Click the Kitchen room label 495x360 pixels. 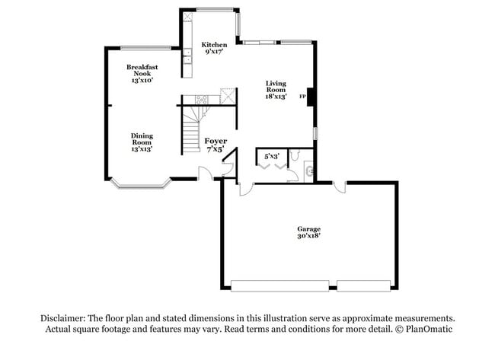(214, 45)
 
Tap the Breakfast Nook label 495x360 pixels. (142, 70)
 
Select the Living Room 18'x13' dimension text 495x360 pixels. (276, 97)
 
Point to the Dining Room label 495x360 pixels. (142, 139)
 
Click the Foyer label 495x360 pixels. (216, 141)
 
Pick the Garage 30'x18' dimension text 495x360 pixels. (308, 236)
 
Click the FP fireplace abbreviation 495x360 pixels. (302, 97)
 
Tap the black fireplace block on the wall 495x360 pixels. (310, 97)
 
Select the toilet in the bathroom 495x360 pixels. (295, 155)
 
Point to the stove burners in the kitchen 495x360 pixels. (201, 100)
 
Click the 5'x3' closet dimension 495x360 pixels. (272, 156)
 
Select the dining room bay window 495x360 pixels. (142, 184)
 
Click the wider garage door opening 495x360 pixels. (280, 286)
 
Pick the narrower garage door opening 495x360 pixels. (364, 286)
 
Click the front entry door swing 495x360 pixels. (206, 174)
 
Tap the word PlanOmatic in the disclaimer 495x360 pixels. (429, 329)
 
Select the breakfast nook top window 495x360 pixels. (146, 48)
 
